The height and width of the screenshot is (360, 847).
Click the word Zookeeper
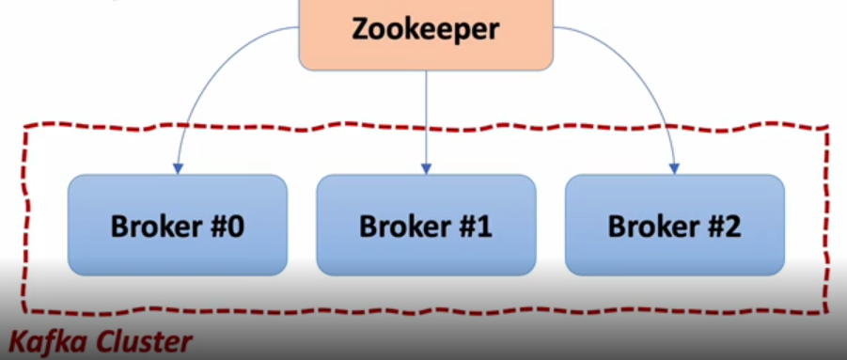[x=426, y=29]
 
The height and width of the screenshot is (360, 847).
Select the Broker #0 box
[x=178, y=225]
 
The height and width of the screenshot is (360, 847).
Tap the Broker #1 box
[x=426, y=225]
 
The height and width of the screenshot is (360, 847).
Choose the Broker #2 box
[x=674, y=225]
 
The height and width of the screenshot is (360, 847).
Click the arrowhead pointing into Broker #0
[x=178, y=168]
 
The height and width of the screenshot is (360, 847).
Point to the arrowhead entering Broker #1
[x=426, y=168]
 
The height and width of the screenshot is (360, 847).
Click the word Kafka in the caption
[x=43, y=341]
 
